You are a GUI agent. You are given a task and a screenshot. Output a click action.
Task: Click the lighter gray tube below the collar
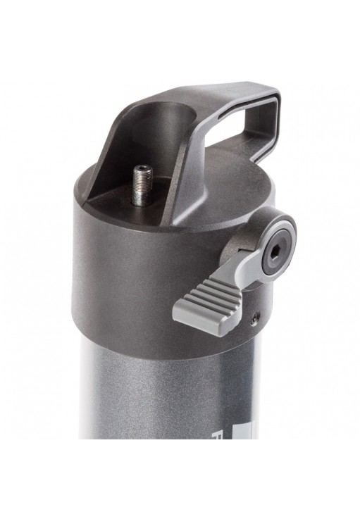(x=162, y=408)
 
